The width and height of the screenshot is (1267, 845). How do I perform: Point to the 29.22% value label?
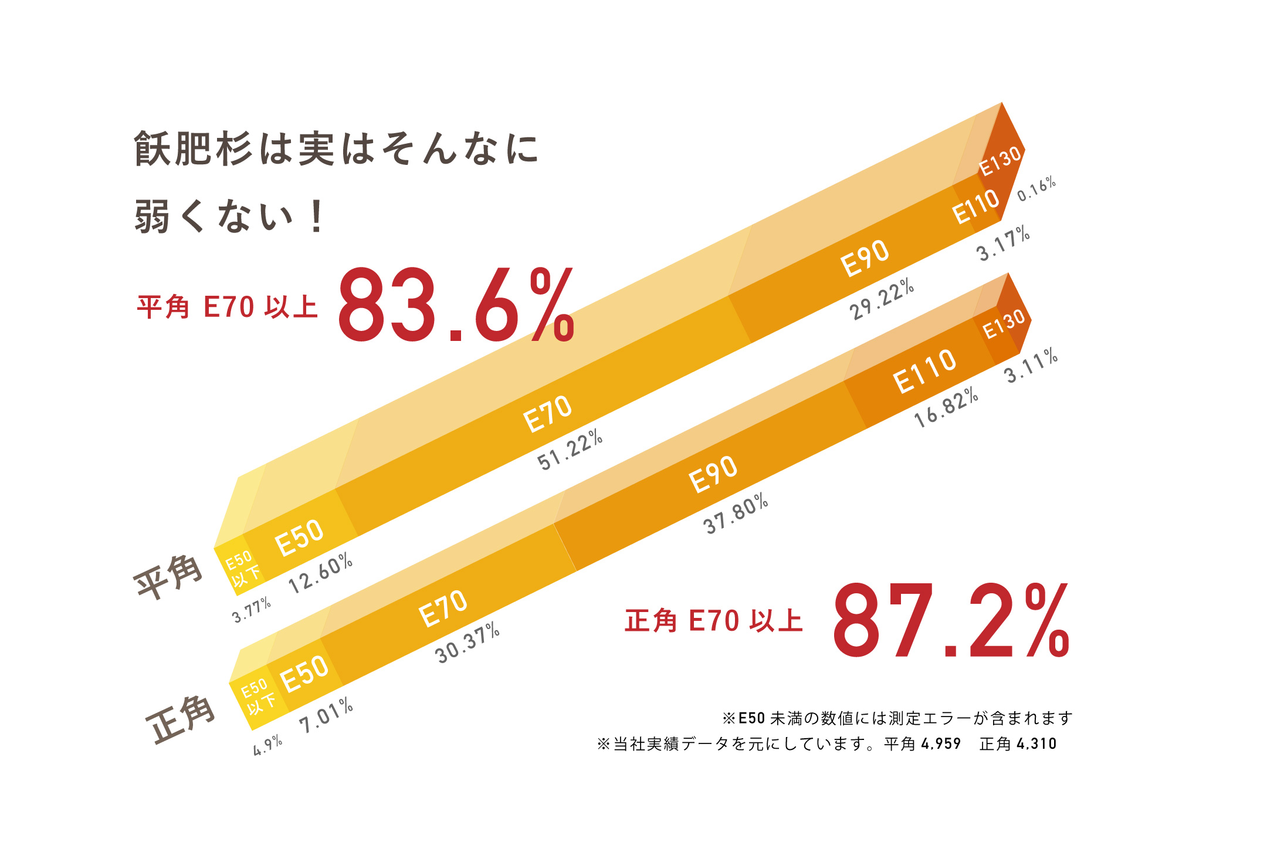(x=882, y=299)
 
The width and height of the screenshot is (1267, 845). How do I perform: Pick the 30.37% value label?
(x=467, y=644)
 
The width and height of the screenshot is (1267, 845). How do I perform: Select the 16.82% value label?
(x=946, y=407)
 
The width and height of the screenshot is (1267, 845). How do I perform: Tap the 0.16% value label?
(x=1036, y=189)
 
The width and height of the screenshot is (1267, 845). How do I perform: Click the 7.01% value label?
(x=326, y=715)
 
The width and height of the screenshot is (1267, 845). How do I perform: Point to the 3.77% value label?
(x=252, y=610)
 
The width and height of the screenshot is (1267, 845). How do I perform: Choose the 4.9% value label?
(x=267, y=746)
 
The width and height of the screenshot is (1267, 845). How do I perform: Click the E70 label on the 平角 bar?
(x=547, y=414)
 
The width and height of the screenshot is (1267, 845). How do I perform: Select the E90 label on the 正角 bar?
(x=713, y=474)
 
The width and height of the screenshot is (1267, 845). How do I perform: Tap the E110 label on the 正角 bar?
(x=924, y=371)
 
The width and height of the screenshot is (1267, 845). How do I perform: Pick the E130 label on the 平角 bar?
(x=1001, y=161)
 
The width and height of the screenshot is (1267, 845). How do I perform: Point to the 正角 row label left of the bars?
(x=181, y=719)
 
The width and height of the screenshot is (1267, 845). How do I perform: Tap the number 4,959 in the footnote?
(x=941, y=744)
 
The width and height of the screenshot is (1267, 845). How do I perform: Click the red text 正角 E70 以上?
(x=713, y=621)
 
